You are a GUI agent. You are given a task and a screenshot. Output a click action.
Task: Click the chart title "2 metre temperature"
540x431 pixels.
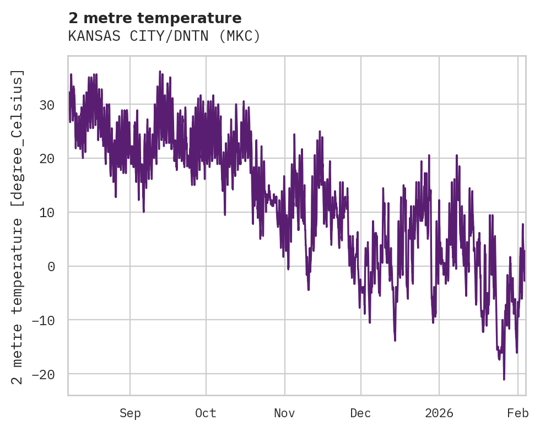155,18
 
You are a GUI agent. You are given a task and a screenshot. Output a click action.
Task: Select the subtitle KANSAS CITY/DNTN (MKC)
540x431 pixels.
164,36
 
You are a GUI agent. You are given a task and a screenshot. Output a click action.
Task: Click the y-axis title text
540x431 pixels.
18,227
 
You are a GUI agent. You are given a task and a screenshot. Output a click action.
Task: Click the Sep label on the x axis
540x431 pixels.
130,413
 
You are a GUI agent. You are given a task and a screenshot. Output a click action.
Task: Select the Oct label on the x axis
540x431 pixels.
206,413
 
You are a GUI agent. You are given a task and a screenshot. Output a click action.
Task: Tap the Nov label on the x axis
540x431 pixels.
285,413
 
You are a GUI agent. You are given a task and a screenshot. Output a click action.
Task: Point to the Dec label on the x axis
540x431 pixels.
360,413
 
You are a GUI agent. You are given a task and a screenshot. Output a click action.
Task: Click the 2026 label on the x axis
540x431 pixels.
439,413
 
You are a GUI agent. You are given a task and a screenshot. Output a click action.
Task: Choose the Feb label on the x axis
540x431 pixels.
518,413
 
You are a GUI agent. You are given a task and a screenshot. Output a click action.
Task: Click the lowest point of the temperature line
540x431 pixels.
504,379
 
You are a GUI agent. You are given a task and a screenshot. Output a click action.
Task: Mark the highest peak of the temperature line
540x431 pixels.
160,71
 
